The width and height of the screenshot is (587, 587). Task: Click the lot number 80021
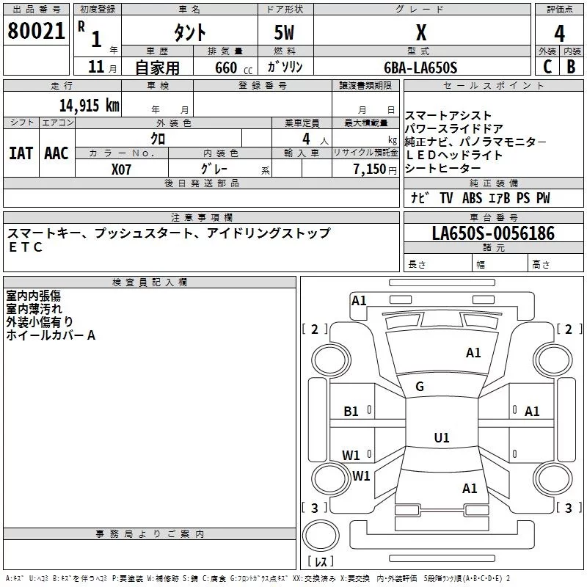(x=36, y=31)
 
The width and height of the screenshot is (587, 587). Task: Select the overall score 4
(x=559, y=34)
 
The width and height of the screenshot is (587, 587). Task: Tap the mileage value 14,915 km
(x=89, y=105)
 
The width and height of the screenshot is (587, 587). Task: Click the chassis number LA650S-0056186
(x=493, y=233)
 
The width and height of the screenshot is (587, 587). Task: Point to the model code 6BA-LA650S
(x=420, y=68)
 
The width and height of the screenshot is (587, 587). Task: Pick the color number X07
(x=121, y=169)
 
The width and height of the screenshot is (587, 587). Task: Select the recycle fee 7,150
(x=370, y=169)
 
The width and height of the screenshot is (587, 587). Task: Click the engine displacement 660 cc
(x=233, y=68)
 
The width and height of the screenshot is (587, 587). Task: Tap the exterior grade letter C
(x=547, y=67)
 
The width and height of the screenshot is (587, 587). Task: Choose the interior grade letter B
(x=571, y=67)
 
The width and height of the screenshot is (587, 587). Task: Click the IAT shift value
(x=21, y=153)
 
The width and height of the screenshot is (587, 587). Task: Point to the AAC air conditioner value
(x=56, y=153)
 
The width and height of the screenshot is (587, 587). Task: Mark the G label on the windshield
(x=420, y=387)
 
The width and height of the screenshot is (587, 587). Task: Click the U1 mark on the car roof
(x=442, y=437)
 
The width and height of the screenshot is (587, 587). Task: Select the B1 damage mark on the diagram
(x=351, y=412)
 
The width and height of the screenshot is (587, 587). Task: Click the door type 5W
(x=284, y=32)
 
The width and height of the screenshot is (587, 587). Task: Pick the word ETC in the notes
(x=26, y=247)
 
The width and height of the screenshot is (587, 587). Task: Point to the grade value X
(x=421, y=32)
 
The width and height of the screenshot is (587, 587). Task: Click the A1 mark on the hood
(x=473, y=353)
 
